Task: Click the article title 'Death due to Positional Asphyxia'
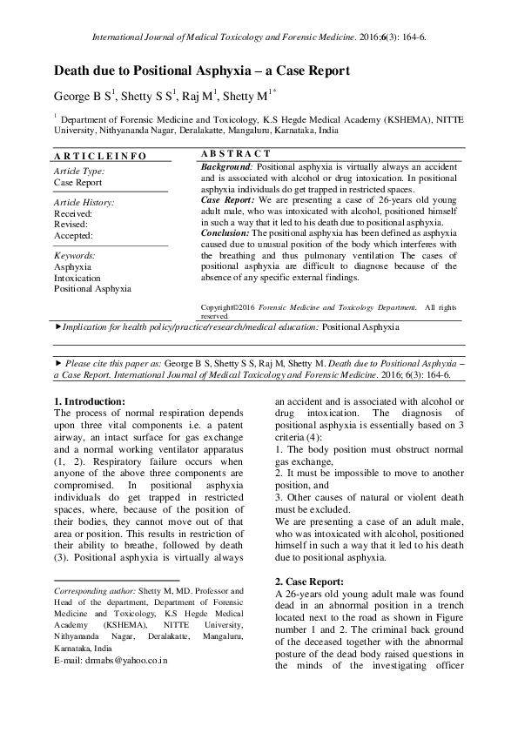[202, 70]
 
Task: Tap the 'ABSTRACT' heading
[229, 153]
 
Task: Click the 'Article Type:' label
[79, 172]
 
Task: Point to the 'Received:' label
[73, 212]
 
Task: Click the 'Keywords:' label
[75, 255]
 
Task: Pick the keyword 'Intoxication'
[77, 277]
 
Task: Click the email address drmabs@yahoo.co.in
[111, 661]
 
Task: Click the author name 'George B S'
[84, 97]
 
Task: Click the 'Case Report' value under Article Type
[77, 183]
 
